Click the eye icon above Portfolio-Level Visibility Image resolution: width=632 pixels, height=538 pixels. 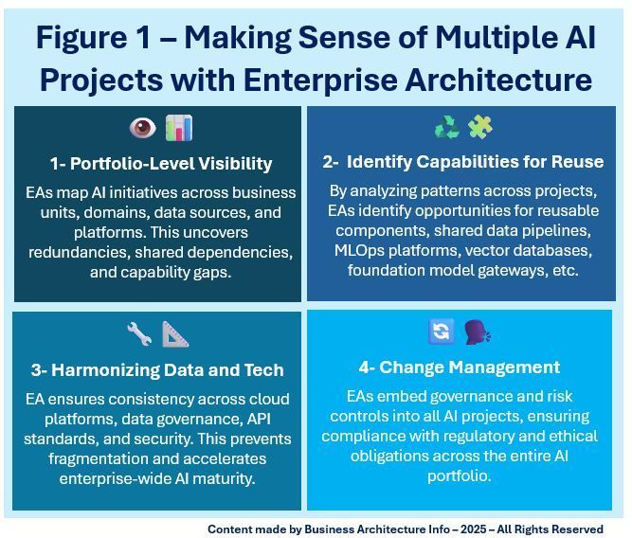coord(142,128)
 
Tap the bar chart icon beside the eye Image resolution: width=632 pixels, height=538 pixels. coord(177,128)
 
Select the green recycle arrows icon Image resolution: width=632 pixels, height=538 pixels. coord(446,127)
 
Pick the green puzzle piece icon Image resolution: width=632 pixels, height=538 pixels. coord(480,127)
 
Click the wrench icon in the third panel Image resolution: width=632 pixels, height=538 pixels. coord(139,333)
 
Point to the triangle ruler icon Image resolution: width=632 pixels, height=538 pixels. coord(175,333)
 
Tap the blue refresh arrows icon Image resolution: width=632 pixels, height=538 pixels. coord(441,332)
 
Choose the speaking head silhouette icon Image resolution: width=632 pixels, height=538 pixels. coord(477,332)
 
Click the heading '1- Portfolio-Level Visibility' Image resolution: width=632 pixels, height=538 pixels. coord(160,163)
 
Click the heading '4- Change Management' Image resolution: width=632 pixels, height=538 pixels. coord(459,367)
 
